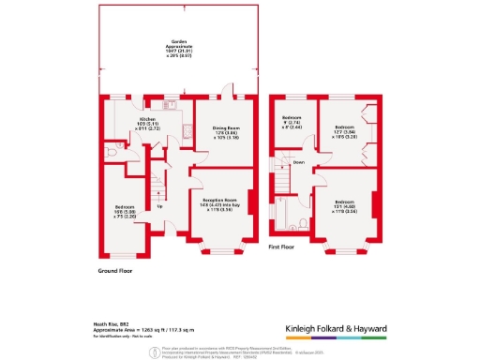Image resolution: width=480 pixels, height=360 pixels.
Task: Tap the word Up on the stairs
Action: point(159,206)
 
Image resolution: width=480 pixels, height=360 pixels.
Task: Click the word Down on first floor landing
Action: point(299,162)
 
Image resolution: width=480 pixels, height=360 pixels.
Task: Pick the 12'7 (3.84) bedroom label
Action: point(345,129)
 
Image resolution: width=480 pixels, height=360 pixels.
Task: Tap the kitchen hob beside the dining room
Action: point(187,132)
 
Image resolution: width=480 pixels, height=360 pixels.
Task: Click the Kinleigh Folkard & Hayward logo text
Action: point(349,329)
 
